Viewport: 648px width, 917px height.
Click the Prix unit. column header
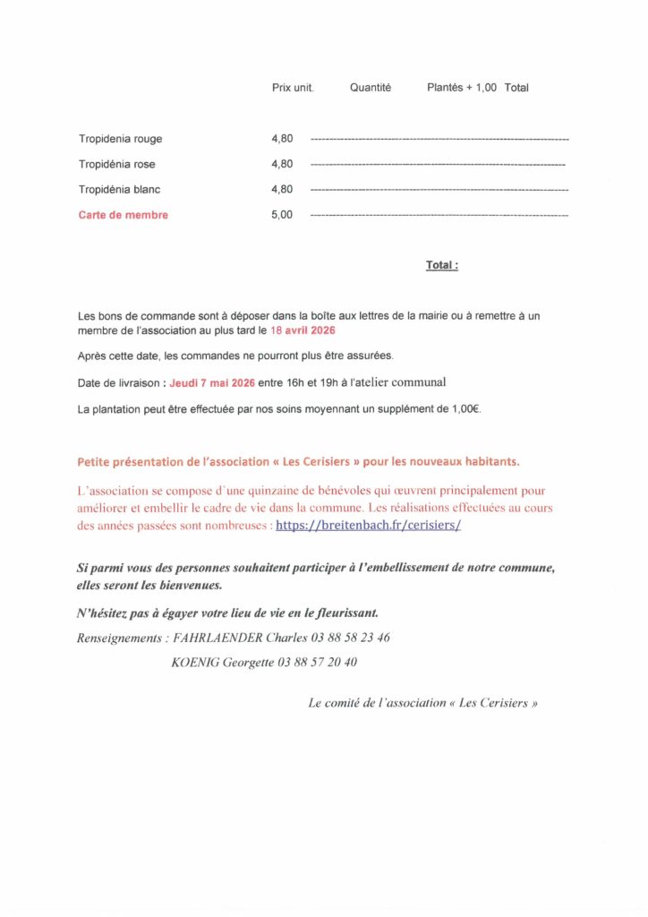(292, 88)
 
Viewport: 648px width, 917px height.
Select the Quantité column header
(371, 88)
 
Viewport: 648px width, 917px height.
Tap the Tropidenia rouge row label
(120, 139)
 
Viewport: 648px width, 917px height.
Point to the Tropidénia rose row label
(116, 164)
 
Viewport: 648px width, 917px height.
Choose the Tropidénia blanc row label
(119, 190)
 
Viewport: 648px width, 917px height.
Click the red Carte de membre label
(123, 215)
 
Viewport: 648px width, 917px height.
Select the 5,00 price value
(282, 215)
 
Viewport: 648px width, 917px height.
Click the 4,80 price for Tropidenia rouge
(282, 139)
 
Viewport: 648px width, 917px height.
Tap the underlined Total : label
(442, 266)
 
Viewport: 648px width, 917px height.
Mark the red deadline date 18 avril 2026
(303, 330)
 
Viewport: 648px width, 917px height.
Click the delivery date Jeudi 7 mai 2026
(212, 382)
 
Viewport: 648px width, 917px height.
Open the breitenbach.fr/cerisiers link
(368, 526)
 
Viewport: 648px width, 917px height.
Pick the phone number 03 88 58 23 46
(350, 638)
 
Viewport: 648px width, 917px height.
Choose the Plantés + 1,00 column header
(462, 88)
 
